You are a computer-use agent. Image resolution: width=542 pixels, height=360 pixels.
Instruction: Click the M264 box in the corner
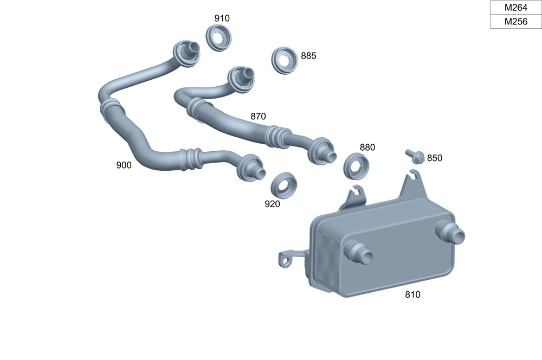[x=515, y=8]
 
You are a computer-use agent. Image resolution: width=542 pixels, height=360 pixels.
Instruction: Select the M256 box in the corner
[x=515, y=22]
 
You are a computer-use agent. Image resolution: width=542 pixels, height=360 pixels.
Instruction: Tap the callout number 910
[x=222, y=18]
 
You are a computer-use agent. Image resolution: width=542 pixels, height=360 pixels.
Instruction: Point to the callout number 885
[x=308, y=56]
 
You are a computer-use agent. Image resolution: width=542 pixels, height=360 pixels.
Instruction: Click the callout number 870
[x=258, y=116]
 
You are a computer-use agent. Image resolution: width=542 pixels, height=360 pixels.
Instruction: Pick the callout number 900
[x=124, y=165]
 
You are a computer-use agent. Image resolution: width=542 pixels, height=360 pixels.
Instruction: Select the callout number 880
[x=367, y=147]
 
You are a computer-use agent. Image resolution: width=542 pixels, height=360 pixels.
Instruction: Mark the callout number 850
[x=435, y=158]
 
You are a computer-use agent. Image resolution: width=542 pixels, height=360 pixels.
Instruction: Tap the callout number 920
[x=272, y=204]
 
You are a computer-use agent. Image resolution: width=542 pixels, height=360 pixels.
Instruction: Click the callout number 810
[x=412, y=295]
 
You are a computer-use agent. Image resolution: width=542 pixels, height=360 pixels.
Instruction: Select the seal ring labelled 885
[x=285, y=61]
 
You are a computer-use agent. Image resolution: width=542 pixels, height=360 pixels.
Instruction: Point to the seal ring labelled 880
[x=357, y=166]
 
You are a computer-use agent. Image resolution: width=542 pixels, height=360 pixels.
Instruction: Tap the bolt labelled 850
[x=415, y=157]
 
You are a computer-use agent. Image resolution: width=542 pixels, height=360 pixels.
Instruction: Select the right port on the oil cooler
[x=451, y=233]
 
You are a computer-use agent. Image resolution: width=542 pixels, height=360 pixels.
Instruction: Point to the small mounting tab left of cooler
[x=286, y=258]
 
